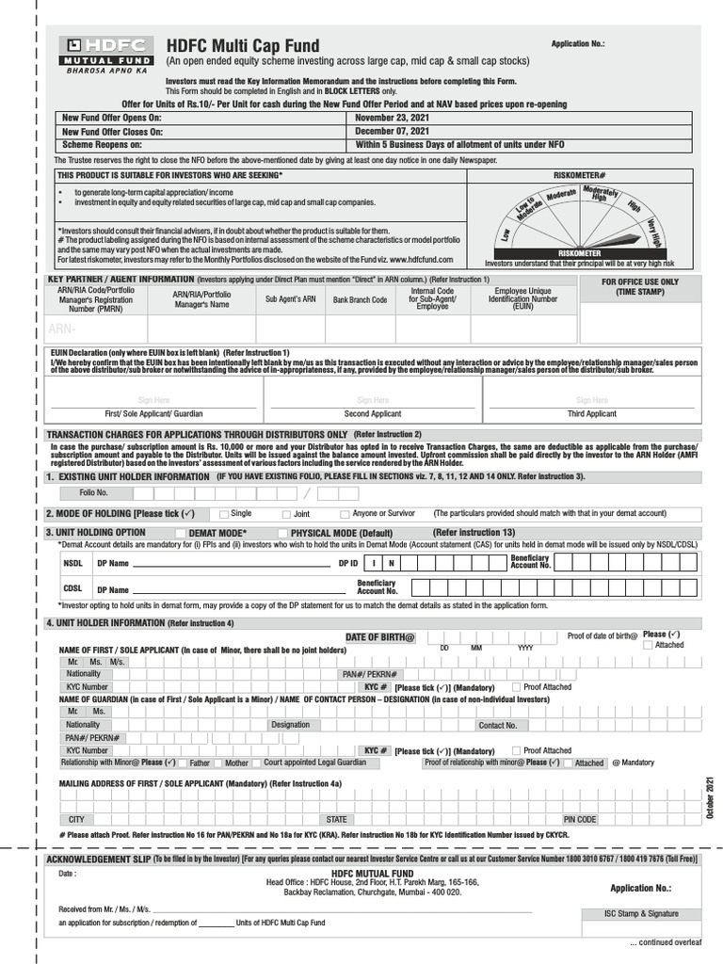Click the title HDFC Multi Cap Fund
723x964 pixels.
243,46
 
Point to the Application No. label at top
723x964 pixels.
578,44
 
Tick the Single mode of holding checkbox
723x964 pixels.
223,515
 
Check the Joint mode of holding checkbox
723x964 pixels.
286,515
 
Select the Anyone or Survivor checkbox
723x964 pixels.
345,515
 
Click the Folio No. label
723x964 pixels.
93,492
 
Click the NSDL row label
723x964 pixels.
72,563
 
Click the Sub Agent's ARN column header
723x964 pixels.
290,299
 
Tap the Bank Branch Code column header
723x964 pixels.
360,300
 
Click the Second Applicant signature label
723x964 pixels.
372,413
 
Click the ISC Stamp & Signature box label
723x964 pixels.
642,914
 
